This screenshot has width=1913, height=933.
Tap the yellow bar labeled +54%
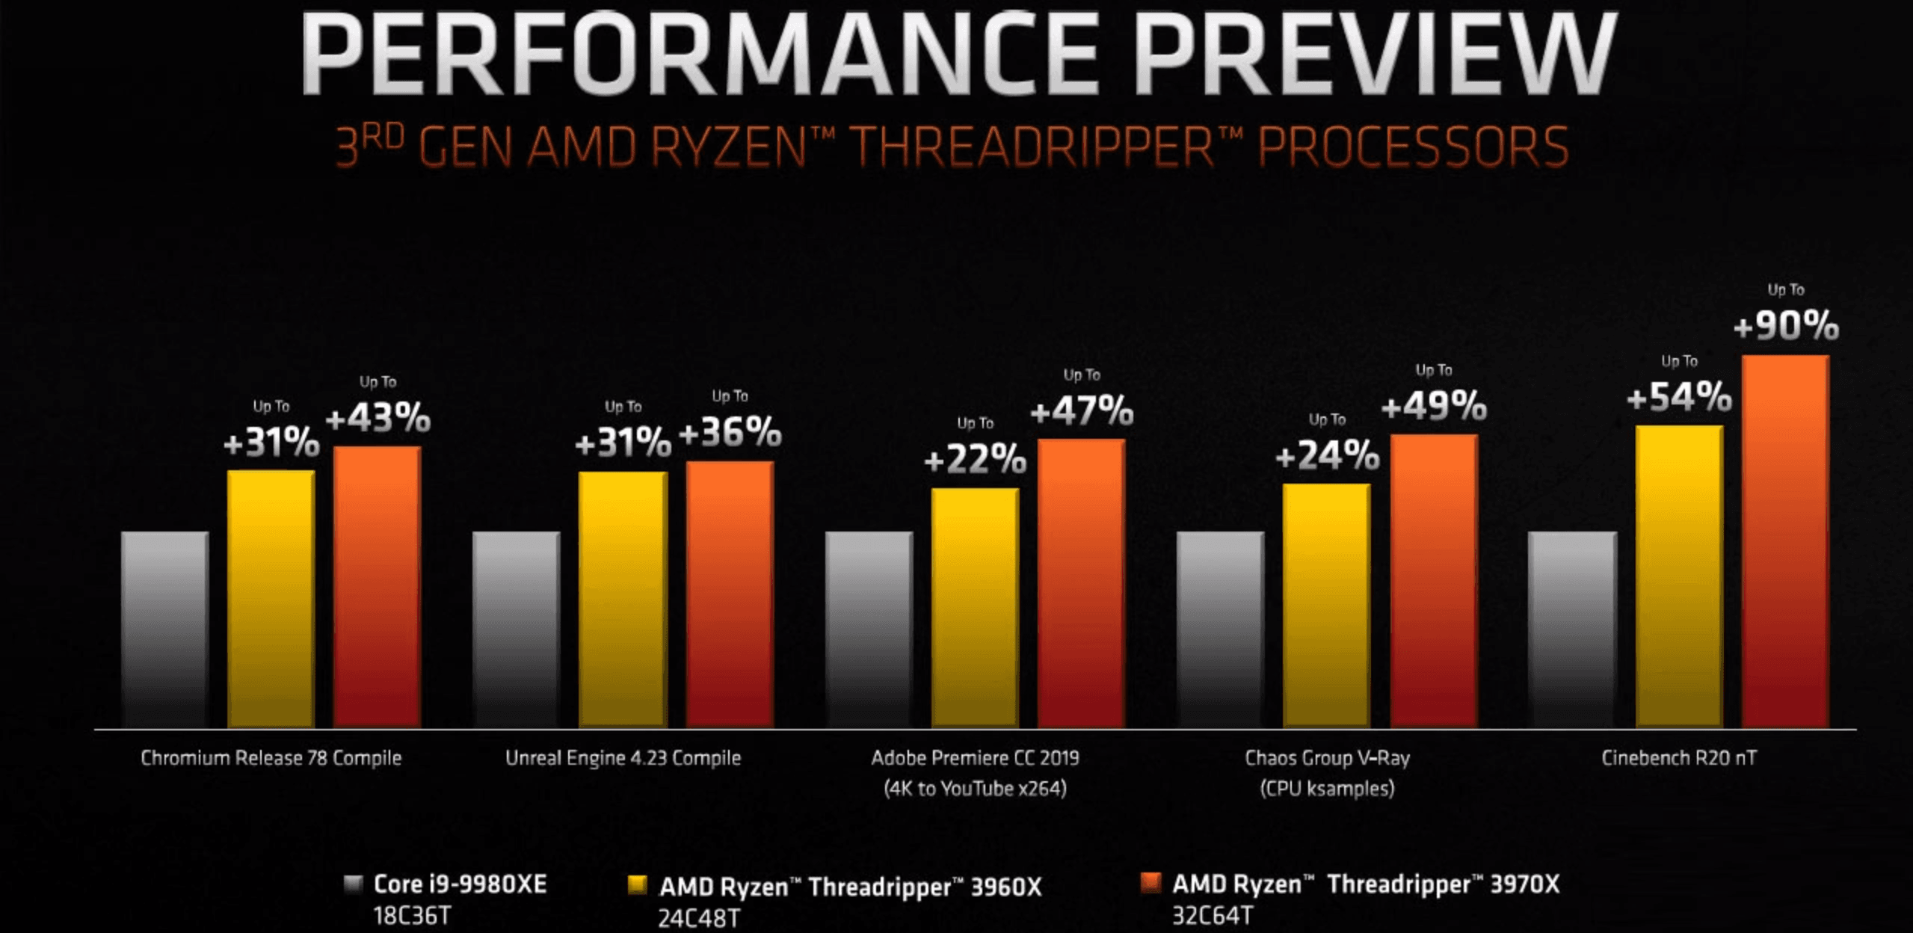[1679, 576]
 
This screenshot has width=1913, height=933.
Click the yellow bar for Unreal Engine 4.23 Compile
[623, 598]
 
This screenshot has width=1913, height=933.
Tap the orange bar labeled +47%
[1081, 583]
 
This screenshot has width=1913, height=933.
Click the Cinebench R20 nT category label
[1679, 758]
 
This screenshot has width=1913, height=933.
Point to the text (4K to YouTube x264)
[975, 789]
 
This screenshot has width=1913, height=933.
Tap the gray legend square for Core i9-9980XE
[353, 884]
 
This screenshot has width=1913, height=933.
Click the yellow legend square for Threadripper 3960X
[637, 886]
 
